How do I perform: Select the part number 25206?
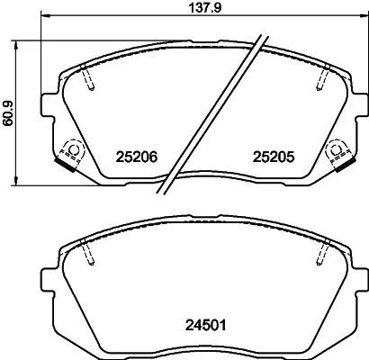tap(137, 155)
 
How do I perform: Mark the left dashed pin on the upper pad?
tap(87, 81)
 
